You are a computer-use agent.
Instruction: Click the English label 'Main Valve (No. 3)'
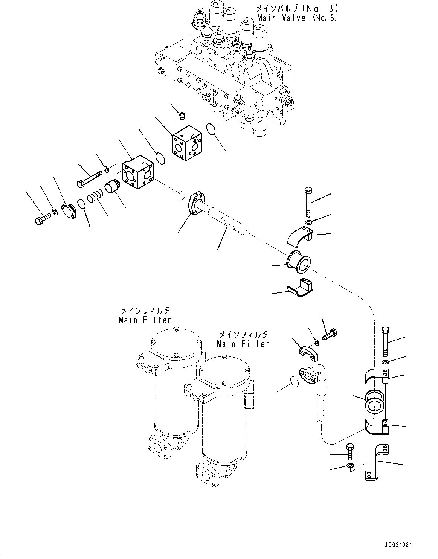297,18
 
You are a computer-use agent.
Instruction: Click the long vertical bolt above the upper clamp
308,202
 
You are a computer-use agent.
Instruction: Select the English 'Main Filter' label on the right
243,344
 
